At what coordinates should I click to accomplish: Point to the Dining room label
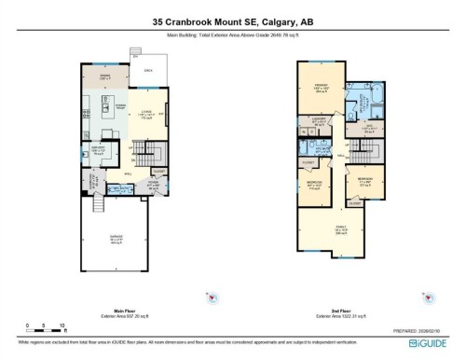(105, 76)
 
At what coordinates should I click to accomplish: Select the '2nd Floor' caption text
(341, 310)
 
